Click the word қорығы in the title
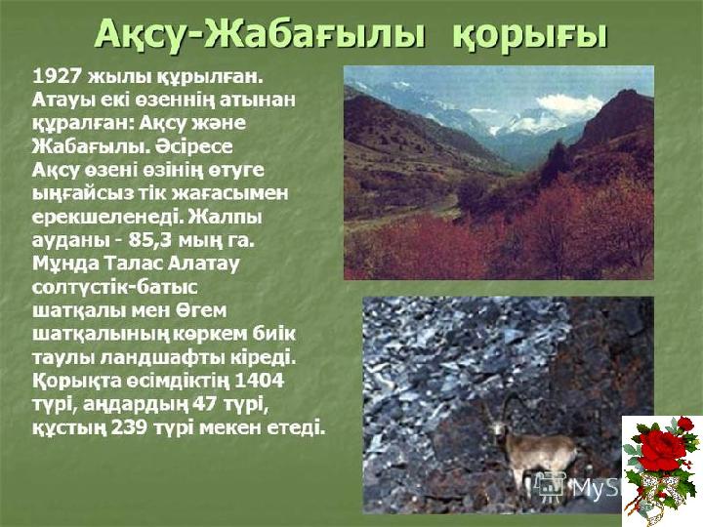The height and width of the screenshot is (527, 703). click(529, 36)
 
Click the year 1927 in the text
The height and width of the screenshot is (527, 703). click(57, 77)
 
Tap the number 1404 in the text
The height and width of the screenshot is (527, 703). click(260, 381)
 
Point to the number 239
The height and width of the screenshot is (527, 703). click(129, 427)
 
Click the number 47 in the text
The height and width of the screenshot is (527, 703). click(204, 404)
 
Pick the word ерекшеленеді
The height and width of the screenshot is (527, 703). click(106, 217)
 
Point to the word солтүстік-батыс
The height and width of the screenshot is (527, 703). click(115, 287)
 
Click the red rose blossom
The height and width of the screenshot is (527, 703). click(662, 450)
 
